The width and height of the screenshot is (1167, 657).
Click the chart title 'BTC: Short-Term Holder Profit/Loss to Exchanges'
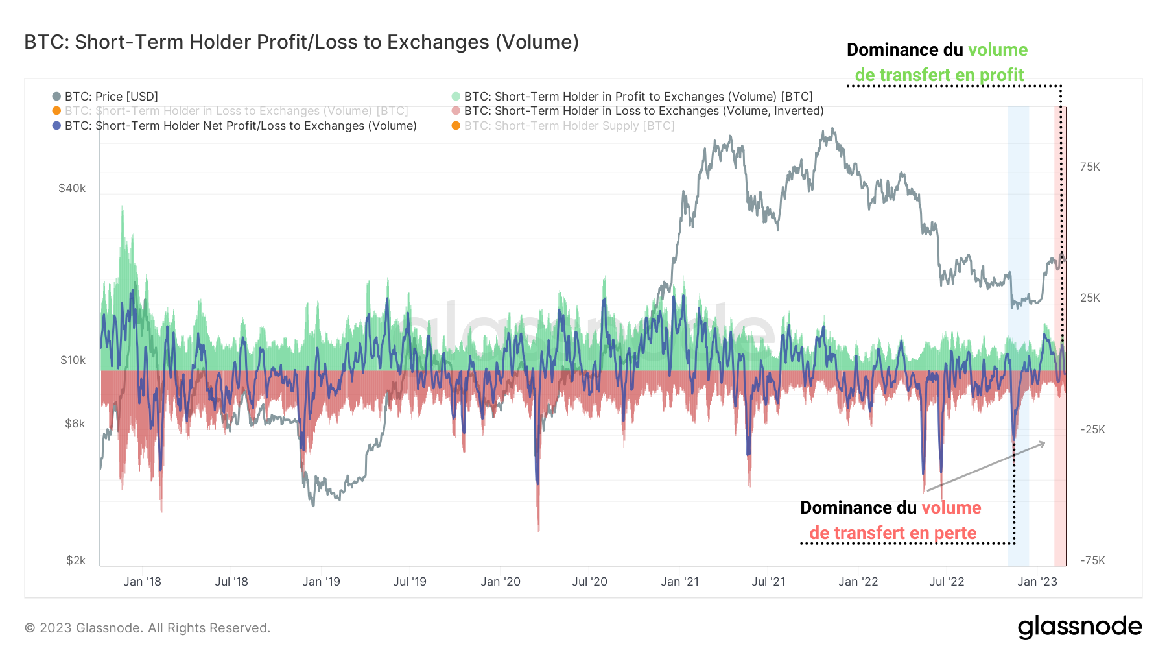point(301,42)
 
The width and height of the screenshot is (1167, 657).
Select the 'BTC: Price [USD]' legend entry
point(111,97)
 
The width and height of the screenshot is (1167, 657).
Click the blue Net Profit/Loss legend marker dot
point(56,126)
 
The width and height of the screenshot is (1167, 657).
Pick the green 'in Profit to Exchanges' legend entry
point(638,97)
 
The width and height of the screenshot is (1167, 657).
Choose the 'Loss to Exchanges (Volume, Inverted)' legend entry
point(643,111)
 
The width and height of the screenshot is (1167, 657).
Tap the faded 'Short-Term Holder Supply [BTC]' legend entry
point(569,126)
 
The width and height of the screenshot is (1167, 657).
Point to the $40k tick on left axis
point(72,188)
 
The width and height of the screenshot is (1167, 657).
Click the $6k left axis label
point(75,424)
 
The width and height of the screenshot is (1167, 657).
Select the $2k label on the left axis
point(75,560)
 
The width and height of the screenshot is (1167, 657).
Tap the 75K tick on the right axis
point(1090,167)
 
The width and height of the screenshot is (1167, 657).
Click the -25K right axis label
point(1092,429)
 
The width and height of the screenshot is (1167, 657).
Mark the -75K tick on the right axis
point(1092,560)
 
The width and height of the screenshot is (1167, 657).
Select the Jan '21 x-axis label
point(679,582)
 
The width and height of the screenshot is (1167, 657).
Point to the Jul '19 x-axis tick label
point(410,582)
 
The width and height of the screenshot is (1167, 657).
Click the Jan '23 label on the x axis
point(1037,582)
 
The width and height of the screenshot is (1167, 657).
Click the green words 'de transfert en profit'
point(939,75)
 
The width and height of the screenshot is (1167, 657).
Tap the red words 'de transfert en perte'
point(893,533)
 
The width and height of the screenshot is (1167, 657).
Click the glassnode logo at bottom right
point(1079,627)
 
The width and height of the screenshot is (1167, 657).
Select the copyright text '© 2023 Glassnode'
point(147,628)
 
